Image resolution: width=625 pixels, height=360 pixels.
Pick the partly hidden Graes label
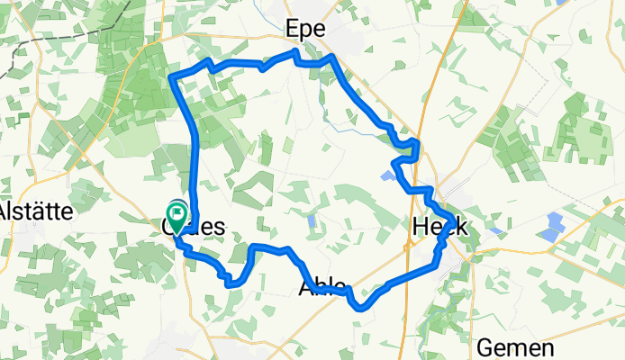pyautogui.click(x=194, y=227)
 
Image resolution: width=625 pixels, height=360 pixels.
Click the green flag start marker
pyautogui.click(x=177, y=216)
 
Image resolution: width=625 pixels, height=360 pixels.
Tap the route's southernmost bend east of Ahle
pyautogui.click(x=361, y=307)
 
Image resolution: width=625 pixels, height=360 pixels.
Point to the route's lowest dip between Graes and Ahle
pyautogui.click(x=232, y=283)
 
